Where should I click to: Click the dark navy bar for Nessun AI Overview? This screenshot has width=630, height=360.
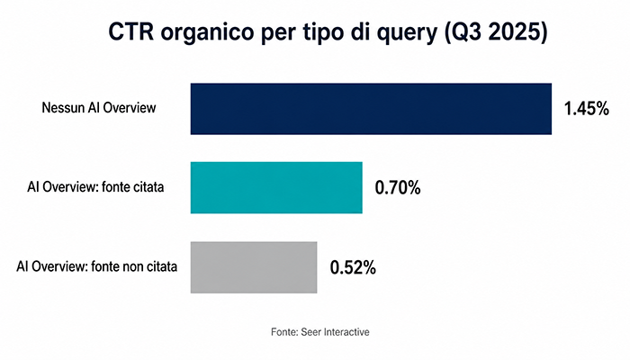coord(371,109)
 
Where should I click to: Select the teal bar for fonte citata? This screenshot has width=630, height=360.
coord(276,187)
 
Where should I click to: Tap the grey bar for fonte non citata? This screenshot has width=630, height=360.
coord(254,267)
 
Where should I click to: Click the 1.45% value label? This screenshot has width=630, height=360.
coord(586,109)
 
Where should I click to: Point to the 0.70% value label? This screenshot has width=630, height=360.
coord(398,187)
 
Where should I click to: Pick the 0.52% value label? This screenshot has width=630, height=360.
coord(353,267)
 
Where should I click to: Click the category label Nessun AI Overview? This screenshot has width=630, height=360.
coord(99,108)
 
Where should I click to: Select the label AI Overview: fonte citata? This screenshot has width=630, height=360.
coord(95,187)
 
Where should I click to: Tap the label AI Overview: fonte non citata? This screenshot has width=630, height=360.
coord(97,266)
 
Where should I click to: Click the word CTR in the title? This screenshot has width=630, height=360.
coord(131,31)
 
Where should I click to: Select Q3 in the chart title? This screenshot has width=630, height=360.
coord(462,32)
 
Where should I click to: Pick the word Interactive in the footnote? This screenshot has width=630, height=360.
coord(346,332)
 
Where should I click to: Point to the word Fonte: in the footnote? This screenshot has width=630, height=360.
coord(284,332)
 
